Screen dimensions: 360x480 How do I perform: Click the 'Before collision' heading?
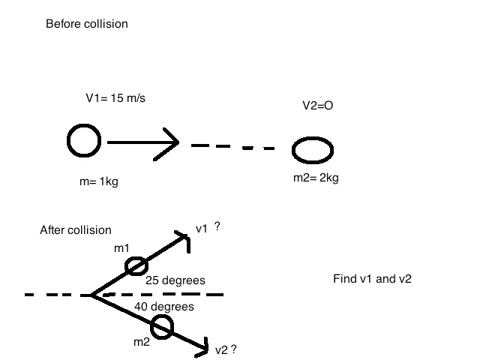(87, 24)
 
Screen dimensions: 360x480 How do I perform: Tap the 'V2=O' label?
(313, 106)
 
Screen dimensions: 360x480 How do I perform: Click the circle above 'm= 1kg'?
(83, 141)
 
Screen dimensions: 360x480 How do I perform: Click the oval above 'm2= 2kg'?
(313, 149)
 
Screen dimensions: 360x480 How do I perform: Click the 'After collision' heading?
(75, 230)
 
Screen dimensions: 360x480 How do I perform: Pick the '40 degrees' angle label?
(164, 307)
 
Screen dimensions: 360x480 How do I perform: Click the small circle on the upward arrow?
(136, 266)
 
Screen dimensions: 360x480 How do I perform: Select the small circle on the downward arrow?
(162, 327)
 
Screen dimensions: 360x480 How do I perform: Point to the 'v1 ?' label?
(207, 227)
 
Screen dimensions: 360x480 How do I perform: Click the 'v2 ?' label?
(226, 349)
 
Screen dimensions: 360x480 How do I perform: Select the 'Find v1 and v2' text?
(372, 279)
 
